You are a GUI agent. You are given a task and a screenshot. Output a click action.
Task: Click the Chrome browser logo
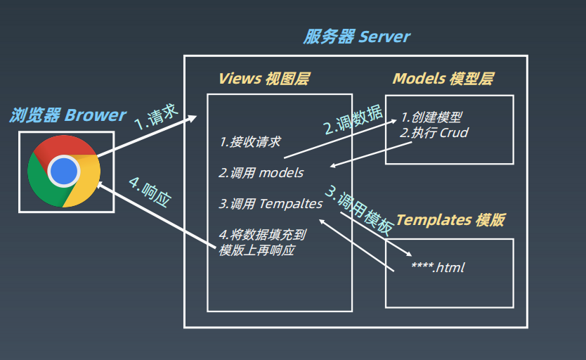(x=64, y=171)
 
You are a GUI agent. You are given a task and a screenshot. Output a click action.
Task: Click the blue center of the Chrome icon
(x=64, y=170)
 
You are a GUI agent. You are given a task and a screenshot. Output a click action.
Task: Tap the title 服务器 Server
(x=356, y=37)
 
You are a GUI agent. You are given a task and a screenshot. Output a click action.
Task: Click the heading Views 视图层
(x=263, y=78)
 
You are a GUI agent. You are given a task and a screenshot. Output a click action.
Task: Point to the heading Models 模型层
(x=443, y=78)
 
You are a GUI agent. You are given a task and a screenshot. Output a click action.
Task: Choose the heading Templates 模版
(x=450, y=219)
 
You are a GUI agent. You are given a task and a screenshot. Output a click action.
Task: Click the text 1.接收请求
(x=250, y=142)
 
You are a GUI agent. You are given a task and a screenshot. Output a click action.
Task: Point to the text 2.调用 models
(x=261, y=173)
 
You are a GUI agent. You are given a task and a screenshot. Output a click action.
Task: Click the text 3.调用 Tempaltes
(x=271, y=204)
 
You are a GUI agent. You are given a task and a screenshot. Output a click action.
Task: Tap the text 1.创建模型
(x=431, y=117)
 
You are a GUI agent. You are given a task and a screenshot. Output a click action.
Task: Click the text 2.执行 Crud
(x=434, y=132)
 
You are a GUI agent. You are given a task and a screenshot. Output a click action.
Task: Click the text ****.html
(x=438, y=268)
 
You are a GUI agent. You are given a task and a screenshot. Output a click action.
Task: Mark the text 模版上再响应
(x=256, y=250)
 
